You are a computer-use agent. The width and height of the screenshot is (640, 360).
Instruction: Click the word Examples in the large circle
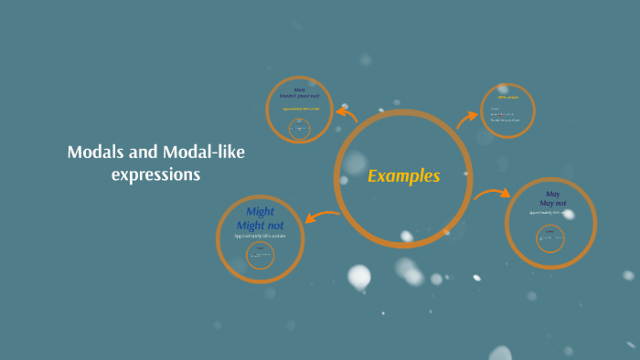pyautogui.click(x=403, y=176)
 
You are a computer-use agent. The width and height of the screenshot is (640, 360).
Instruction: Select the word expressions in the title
pyautogui.click(x=155, y=175)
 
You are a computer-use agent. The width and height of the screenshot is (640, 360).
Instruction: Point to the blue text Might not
pyautogui.click(x=260, y=225)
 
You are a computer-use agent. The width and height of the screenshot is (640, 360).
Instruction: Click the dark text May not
pyautogui.click(x=552, y=203)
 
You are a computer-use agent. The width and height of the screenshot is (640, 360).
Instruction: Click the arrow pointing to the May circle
pyautogui.click(x=492, y=194)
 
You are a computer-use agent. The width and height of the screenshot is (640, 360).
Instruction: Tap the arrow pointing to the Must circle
pyautogui.click(x=347, y=113)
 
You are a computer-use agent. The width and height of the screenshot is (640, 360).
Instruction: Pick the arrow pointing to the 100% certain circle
pyautogui.click(x=467, y=116)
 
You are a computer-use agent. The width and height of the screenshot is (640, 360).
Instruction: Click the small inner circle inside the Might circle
pyautogui.click(x=260, y=255)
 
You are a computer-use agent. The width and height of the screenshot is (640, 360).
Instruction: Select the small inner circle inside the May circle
pyautogui.click(x=550, y=238)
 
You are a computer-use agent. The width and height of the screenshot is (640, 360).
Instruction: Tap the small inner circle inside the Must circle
pyautogui.click(x=299, y=129)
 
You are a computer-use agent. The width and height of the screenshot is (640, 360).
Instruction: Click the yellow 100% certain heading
pyautogui.click(x=507, y=97)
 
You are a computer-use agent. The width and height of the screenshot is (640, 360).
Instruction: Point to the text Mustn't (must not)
pyautogui.click(x=300, y=96)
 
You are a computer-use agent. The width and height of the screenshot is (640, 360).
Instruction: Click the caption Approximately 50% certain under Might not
pyautogui.click(x=260, y=236)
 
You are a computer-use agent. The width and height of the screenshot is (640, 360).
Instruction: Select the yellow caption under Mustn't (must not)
pyautogui.click(x=300, y=110)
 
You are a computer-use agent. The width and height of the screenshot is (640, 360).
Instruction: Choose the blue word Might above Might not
pyautogui.click(x=260, y=212)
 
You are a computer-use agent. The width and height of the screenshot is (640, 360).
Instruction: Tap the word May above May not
pyautogui.click(x=552, y=194)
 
